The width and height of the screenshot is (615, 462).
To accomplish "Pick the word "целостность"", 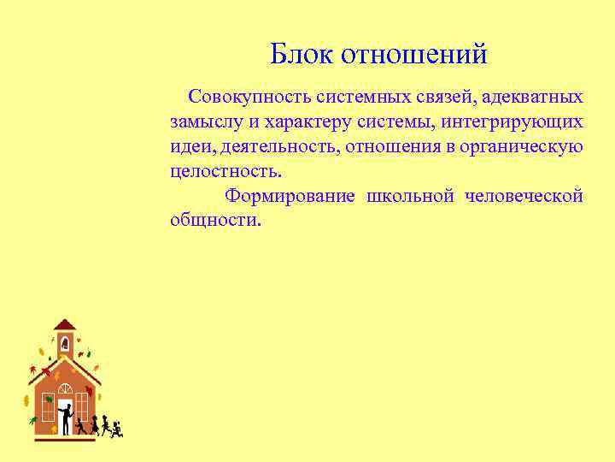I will click(224, 171).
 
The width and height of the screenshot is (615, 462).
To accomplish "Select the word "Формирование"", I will click(290, 196).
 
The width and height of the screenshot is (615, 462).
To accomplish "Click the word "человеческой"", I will click(524, 196).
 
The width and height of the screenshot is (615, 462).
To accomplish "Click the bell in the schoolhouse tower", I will click(65, 344).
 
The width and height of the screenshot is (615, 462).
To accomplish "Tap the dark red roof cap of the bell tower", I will click(65, 325).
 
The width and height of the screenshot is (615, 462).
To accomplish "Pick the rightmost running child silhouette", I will click(117, 428).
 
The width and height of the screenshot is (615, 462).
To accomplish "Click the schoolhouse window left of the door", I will click(49, 407).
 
